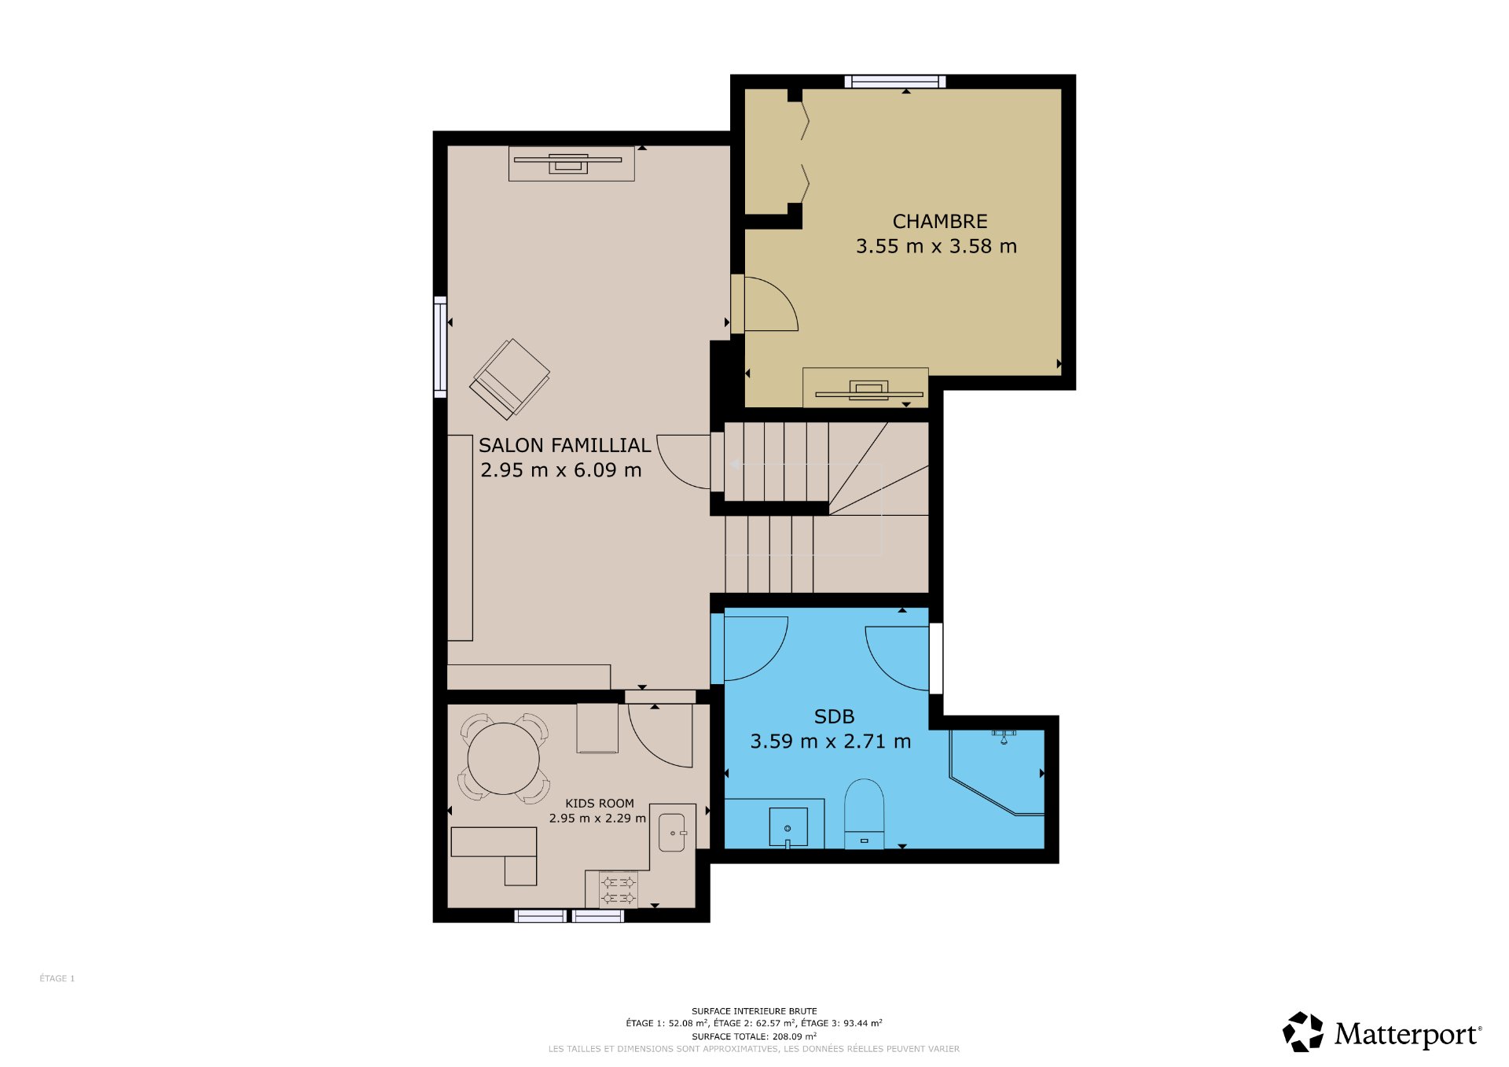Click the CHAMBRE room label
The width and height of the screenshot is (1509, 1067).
tap(940, 222)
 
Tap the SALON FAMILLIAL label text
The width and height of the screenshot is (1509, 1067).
tap(565, 446)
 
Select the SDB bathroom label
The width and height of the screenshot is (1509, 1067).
tap(834, 717)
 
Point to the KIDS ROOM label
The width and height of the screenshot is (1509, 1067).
tap(600, 804)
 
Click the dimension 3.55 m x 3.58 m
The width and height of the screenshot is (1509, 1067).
tap(936, 247)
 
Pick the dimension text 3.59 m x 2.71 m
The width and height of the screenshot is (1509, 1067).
tap(831, 741)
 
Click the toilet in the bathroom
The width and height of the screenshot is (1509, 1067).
tap(864, 814)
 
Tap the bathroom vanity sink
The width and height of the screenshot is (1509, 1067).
tap(788, 827)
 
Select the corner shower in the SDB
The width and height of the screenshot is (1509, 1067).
tap(997, 772)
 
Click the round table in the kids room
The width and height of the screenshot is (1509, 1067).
tap(504, 759)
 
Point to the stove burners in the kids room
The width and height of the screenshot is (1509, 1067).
tap(619, 890)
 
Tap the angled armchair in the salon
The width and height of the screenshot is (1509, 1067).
tap(510, 379)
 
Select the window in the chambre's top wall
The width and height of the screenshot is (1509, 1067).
tap(895, 81)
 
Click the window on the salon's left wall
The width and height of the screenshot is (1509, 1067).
tap(441, 347)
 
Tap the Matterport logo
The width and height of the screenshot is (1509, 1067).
tap(1382, 1032)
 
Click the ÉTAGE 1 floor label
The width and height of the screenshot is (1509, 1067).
tap(57, 979)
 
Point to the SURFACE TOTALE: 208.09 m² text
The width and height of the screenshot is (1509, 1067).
tap(754, 1036)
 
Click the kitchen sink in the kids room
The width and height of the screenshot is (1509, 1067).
tap(672, 833)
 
